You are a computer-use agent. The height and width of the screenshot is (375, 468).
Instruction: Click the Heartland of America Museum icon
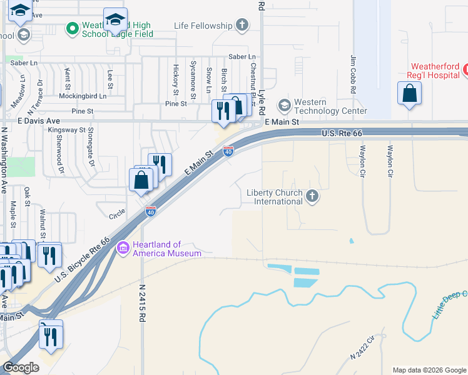point(123,248)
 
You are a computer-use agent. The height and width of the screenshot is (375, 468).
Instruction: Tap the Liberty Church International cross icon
point(312,197)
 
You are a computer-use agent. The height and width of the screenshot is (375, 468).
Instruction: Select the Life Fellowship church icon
point(242,26)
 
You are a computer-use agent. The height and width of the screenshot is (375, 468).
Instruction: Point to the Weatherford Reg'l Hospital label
point(435,71)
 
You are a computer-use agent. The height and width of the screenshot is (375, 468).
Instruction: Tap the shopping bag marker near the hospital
point(409,94)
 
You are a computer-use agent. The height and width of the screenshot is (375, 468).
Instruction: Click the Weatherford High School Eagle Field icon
point(73,29)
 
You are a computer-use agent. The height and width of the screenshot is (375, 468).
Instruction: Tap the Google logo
point(21,367)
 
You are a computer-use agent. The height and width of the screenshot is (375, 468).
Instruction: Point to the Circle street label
point(117,214)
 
